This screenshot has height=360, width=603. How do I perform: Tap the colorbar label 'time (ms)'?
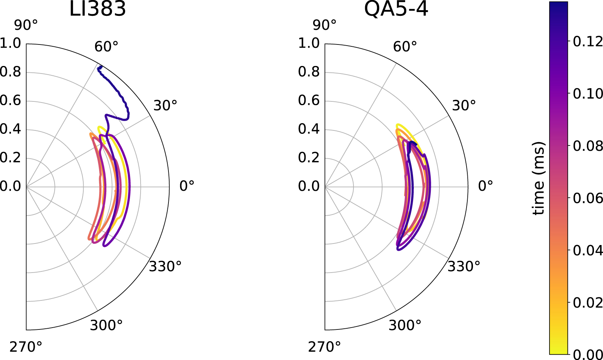coord(539,178)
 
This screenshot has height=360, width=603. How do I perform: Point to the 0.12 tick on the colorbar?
coord(588,41)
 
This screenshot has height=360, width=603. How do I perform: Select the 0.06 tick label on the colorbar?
coord(588,198)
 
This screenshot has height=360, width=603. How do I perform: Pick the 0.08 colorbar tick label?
coord(588,146)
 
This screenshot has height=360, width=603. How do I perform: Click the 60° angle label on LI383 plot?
coord(106,47)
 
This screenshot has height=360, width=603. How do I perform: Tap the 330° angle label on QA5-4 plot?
coord(464,267)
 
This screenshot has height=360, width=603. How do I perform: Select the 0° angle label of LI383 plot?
coord(187,186)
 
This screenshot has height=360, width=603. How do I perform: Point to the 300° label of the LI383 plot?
coord(106,325)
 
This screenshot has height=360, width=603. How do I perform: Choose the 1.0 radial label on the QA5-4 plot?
coord(309,43)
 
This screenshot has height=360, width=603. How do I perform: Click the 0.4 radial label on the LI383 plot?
coord(10,129)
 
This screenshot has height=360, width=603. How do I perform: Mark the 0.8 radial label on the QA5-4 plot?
coord(309,72)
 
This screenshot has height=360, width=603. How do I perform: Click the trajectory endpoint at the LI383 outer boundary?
coord(99,68)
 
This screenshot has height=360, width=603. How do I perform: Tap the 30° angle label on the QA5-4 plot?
coord(464,106)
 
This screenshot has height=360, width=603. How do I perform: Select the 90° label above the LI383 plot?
coord(26,25)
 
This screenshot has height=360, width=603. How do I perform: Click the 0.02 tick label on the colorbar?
coord(588,302)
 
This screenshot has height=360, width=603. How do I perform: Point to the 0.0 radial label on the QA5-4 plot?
coord(309,186)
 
